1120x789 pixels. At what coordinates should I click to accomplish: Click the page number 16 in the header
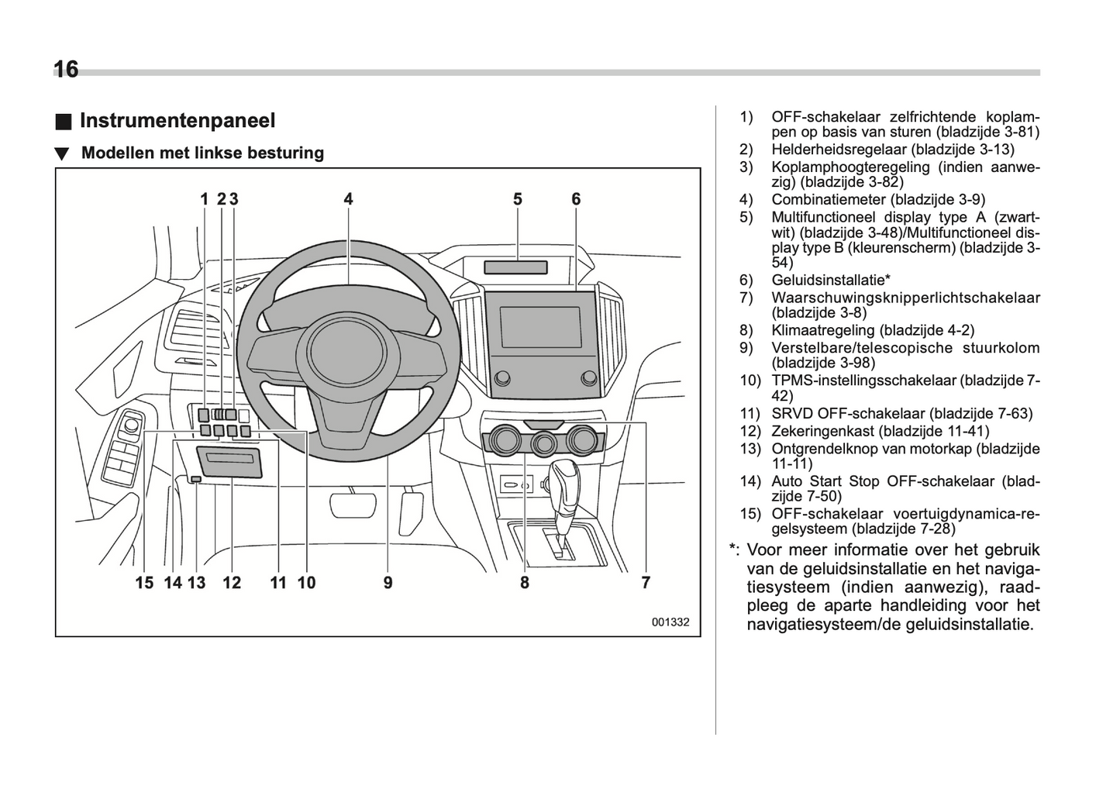point(66,70)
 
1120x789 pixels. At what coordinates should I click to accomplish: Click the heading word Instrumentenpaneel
point(177,121)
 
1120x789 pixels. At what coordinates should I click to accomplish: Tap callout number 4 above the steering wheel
point(348,199)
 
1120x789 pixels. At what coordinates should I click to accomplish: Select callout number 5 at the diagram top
point(517,199)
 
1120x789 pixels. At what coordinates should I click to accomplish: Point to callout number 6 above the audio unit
point(576,199)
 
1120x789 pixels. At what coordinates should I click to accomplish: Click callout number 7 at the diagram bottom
point(645,582)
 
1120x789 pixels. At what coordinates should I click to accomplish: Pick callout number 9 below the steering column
point(388,582)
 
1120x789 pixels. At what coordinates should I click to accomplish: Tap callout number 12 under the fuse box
point(232,582)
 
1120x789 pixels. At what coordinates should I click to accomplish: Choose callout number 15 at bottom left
point(144,582)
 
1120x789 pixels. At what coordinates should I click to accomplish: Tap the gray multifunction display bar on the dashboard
point(515,267)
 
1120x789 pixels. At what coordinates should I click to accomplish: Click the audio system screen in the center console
point(539,326)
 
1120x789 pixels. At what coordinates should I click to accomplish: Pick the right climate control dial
point(581,441)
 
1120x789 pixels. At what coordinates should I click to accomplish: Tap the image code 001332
point(670,622)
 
